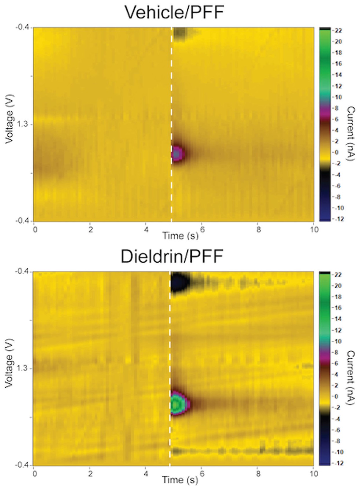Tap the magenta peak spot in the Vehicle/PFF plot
(x=178, y=154)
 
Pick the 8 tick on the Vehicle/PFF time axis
(x=258, y=230)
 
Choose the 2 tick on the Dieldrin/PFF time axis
(x=90, y=474)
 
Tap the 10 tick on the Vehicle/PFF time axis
(x=314, y=230)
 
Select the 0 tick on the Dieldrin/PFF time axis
(x=34, y=474)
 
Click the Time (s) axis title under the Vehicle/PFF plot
(x=180, y=236)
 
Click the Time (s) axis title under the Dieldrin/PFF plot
(x=180, y=480)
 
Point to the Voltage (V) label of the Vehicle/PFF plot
(x=9, y=119)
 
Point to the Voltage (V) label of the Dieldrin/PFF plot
(x=9, y=363)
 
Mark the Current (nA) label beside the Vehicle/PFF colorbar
(x=351, y=134)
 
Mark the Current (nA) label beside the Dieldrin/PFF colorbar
(x=351, y=378)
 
